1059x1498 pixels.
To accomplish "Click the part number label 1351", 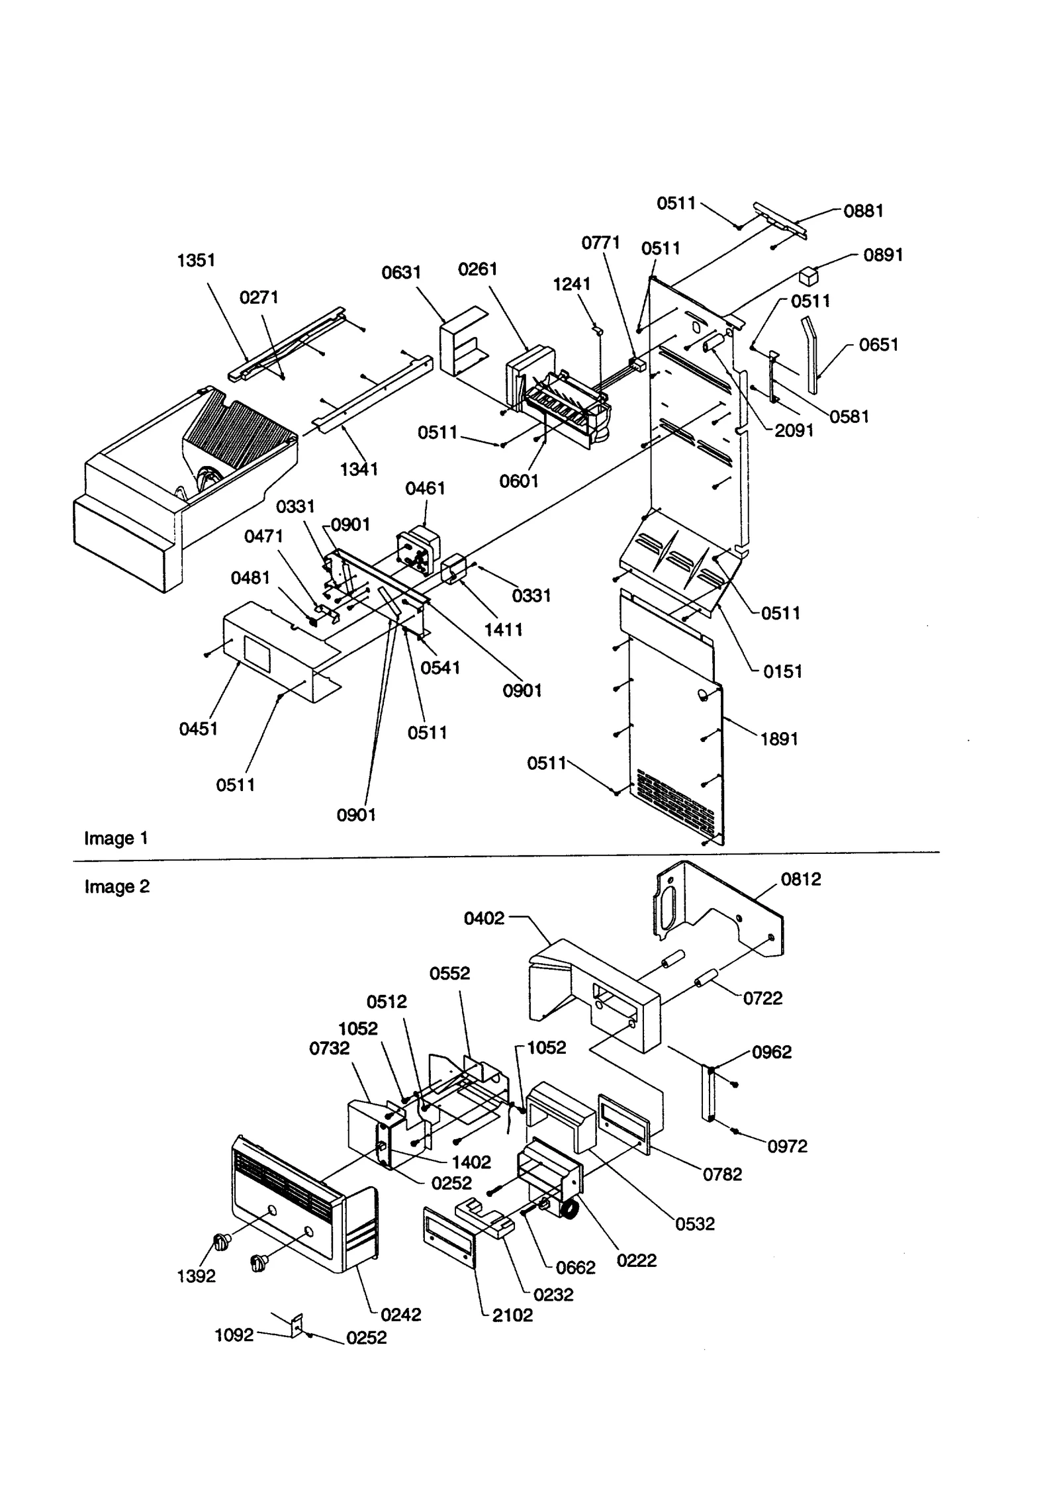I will pyautogui.click(x=196, y=260).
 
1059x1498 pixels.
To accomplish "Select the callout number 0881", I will pyautogui.click(x=863, y=211).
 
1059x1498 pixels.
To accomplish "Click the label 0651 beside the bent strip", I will pyautogui.click(x=878, y=345).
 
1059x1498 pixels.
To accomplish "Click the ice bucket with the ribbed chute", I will pyautogui.click(x=185, y=477).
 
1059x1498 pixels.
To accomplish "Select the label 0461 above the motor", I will pyautogui.click(x=425, y=489).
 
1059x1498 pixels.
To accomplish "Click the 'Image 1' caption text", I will pyautogui.click(x=116, y=839).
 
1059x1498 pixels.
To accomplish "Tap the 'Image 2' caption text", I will pyautogui.click(x=116, y=886).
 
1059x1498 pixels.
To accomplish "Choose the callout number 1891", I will pyautogui.click(x=779, y=739).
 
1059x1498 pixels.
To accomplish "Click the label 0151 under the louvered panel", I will pyautogui.click(x=782, y=671).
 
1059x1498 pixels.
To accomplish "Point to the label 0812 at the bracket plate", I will pyautogui.click(x=801, y=879).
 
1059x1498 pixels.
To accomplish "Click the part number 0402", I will pyautogui.click(x=484, y=918).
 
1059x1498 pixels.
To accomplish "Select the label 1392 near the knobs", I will pyautogui.click(x=196, y=1276).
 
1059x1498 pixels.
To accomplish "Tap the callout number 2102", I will pyautogui.click(x=512, y=1315).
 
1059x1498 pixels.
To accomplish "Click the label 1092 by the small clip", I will pyautogui.click(x=234, y=1335).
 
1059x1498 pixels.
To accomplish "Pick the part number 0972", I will pyautogui.click(x=788, y=1146).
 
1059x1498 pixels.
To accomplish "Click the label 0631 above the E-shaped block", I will pyautogui.click(x=401, y=273).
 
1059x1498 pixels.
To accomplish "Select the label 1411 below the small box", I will pyautogui.click(x=503, y=630).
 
